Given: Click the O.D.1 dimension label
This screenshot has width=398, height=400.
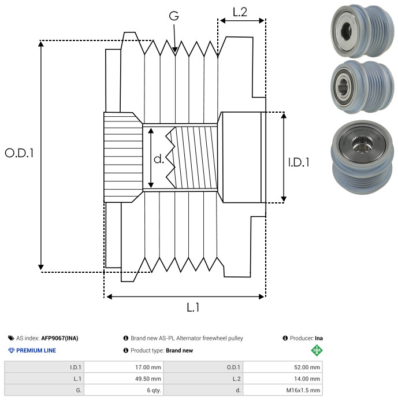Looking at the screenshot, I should coord(19,153).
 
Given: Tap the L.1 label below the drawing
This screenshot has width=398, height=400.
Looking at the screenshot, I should coord(193,308).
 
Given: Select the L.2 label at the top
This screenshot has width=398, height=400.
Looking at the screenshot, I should coord(240,12).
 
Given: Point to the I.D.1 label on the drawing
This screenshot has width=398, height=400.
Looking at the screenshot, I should coord(299,162).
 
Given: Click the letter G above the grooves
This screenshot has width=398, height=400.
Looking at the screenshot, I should coord(174,16).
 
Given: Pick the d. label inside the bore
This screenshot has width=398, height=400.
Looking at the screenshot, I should coord(159,158).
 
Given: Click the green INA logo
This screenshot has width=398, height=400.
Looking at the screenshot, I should coord(316,350).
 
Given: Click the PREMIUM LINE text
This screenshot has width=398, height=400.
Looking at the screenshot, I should coord(36,350).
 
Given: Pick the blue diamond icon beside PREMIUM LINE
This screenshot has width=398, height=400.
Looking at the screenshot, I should coord(11,350).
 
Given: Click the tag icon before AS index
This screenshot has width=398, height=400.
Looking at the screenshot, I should coord(11,338).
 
